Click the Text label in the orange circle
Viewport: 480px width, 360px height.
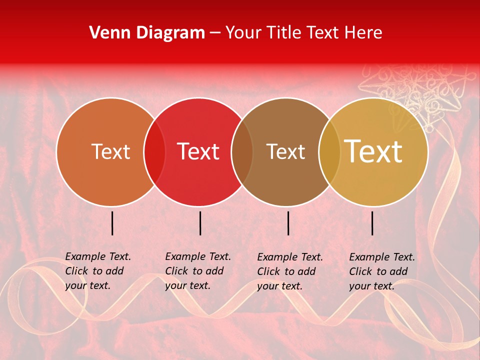(110, 151)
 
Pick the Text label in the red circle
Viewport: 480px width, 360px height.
(198, 151)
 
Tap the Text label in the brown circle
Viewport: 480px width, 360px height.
(285, 151)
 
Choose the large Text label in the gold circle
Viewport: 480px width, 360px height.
(373, 151)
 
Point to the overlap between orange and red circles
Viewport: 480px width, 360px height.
(154, 151)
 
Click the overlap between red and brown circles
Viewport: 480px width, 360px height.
(242, 151)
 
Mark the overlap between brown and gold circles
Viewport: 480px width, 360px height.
(329, 151)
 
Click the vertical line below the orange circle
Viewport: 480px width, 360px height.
(112, 223)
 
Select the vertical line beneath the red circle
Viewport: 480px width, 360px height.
(200, 223)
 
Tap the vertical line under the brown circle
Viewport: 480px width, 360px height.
(288, 223)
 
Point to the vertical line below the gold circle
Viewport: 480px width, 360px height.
(372, 223)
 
